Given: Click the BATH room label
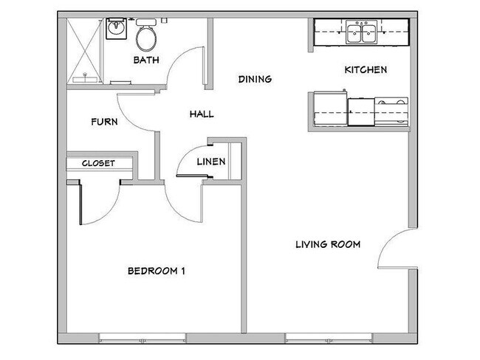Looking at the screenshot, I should tap(145, 60).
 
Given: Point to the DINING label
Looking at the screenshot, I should tap(255, 79).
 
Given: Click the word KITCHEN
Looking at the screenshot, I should tap(366, 70).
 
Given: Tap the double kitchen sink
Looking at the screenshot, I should tap(361, 32).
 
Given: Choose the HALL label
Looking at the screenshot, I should tap(201, 114).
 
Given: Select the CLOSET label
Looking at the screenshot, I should tap(98, 163).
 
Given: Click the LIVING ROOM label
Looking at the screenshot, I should tap(328, 244).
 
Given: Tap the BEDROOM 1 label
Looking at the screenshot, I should tap(157, 271).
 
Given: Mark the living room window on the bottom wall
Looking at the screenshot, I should tap(325, 339).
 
